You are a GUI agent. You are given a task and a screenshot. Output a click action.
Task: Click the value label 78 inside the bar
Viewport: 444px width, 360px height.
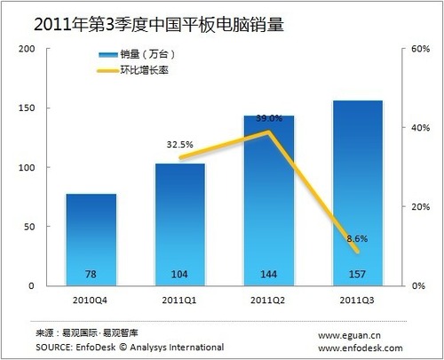tap(91, 274)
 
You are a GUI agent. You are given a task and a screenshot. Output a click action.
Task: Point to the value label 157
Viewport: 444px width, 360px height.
tap(357, 274)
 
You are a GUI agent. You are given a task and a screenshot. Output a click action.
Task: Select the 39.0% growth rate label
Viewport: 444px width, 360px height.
tap(269, 117)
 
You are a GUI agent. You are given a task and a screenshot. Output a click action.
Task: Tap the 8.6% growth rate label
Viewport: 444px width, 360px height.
tap(356, 238)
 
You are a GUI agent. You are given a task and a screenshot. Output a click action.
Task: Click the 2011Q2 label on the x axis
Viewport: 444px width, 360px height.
tap(268, 300)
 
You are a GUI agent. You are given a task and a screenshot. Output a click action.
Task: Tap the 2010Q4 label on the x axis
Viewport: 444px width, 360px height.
tap(91, 300)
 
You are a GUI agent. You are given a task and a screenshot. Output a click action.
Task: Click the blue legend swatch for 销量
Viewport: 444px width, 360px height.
tap(116, 56)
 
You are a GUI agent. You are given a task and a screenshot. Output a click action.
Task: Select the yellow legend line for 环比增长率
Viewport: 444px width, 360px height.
tap(116, 69)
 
